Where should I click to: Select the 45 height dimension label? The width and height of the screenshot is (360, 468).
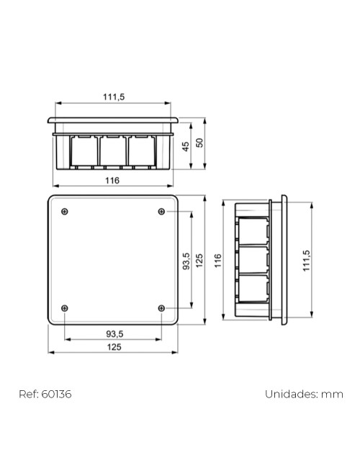[185, 146]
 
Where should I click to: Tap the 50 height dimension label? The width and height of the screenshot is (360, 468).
[201, 143]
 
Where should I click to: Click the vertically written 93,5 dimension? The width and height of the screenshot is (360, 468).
[186, 261]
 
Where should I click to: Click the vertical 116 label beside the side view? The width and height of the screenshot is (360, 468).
[219, 260]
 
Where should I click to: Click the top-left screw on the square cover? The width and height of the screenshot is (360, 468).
[66, 211]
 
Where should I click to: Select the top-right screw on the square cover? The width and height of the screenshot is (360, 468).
[161, 211]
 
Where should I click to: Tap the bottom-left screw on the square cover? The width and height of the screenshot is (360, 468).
[66, 307]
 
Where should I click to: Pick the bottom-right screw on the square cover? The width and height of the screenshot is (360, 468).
[161, 307]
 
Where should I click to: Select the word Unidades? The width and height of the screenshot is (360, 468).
[292, 394]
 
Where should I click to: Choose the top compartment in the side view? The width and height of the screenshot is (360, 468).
[252, 229]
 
